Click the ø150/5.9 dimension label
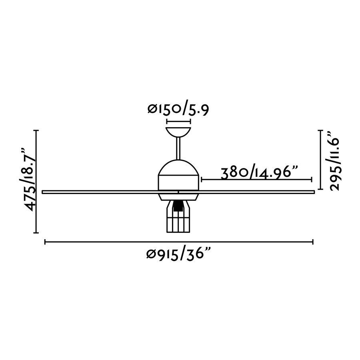tap(178, 110)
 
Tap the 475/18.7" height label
tap(28, 180)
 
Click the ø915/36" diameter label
tap(178, 254)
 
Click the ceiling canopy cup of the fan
tap(178, 132)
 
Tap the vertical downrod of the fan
tap(178, 148)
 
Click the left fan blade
tap(100, 192)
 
